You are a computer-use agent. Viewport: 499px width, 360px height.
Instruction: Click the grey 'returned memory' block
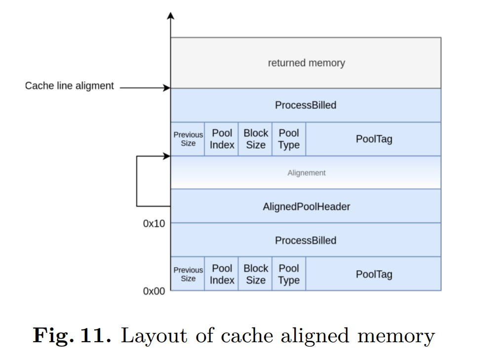(x=306, y=63)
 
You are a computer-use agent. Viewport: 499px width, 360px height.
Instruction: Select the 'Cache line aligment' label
(x=70, y=86)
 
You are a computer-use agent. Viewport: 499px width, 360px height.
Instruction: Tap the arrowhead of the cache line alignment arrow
(x=167, y=88)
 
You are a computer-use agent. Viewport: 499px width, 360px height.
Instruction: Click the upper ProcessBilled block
(x=306, y=105)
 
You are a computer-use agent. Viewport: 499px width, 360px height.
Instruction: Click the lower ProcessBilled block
(x=306, y=240)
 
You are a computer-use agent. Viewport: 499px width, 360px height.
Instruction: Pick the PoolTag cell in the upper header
(x=374, y=139)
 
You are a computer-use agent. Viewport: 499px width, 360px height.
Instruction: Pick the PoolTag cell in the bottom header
(x=374, y=274)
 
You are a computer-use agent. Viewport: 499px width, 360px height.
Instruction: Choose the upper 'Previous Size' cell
(x=188, y=139)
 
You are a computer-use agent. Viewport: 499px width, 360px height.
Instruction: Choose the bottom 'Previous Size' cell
(x=188, y=274)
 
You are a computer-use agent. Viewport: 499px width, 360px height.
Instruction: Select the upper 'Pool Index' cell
(x=222, y=139)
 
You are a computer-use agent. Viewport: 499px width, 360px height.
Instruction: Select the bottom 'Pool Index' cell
(x=222, y=274)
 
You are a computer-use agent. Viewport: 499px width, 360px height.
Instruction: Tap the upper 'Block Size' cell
(x=255, y=139)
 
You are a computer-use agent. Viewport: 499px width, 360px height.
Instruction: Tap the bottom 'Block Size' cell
(x=255, y=274)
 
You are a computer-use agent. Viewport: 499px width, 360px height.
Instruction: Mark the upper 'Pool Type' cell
(x=289, y=139)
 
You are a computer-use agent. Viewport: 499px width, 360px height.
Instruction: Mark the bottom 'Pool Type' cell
(x=289, y=274)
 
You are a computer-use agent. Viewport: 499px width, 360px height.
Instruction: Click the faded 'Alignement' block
(x=306, y=173)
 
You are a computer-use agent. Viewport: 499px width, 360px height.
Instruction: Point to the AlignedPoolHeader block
(x=306, y=206)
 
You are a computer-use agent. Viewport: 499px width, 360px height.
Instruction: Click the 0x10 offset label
(x=154, y=224)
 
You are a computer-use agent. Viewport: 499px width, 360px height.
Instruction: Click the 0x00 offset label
(x=154, y=291)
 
